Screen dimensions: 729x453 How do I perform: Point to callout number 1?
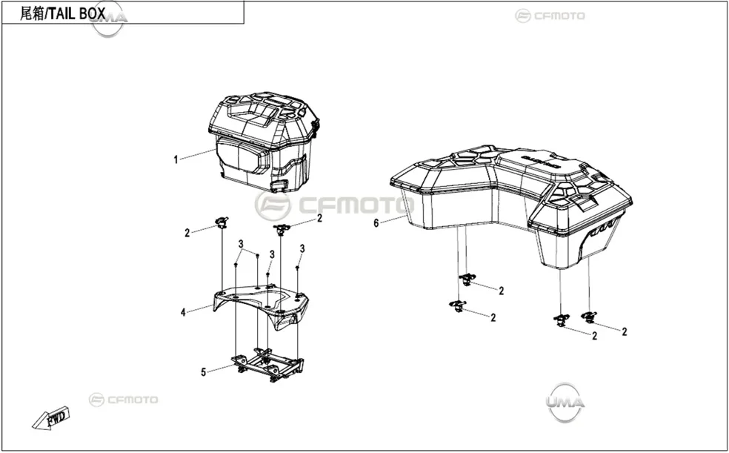176,160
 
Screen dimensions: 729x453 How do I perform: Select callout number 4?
183,313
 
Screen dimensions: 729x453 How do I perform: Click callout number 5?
203,372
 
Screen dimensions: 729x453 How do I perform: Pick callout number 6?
376,224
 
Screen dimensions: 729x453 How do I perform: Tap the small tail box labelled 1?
264,142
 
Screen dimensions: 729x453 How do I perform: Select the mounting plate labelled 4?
261,305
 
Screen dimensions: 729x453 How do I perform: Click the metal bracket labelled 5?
267,364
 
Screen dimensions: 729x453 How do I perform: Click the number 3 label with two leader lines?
241,244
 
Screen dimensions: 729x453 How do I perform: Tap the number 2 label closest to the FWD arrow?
187,233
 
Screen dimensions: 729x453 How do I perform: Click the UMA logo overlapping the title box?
109,19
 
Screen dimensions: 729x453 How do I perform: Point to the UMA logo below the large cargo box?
565,402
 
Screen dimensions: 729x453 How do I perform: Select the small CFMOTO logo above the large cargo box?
550,16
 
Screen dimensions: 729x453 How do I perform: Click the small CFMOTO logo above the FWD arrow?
123,400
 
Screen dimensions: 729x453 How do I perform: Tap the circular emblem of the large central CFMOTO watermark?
273,205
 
